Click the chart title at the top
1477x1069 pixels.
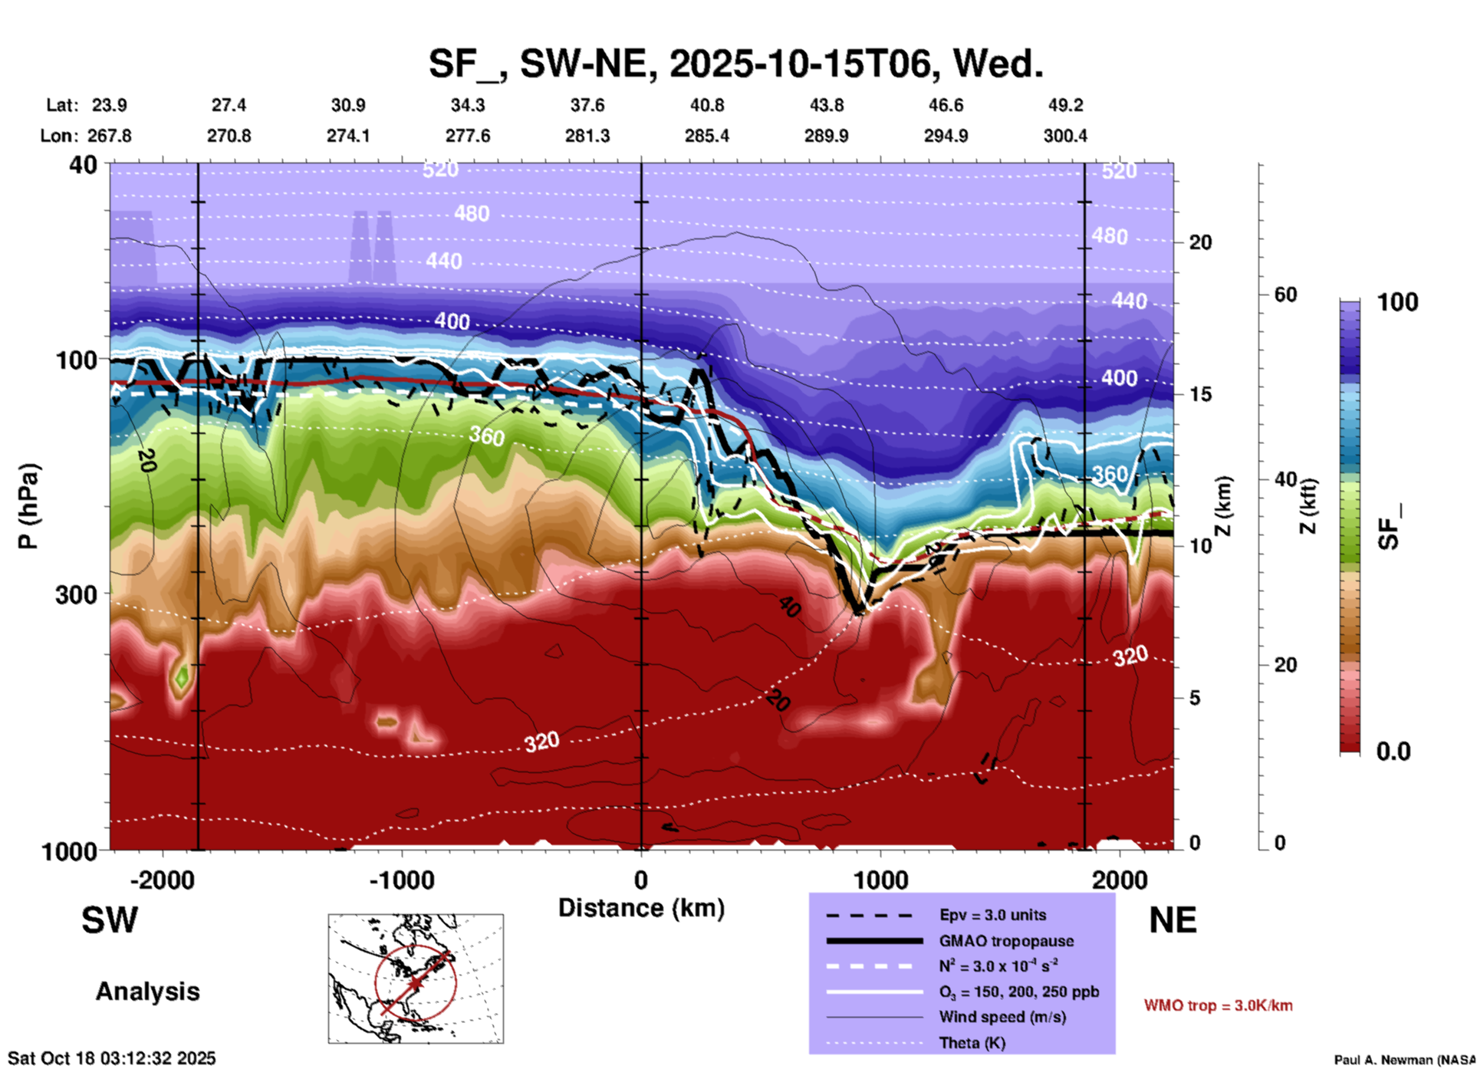[x=735, y=64]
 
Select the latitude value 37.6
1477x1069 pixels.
[x=587, y=105]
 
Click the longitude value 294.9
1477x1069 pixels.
[x=946, y=136]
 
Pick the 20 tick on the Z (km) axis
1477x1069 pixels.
[x=1200, y=243]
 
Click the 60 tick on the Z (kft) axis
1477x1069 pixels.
[x=1286, y=294]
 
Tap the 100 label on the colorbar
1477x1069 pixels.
[x=1397, y=302]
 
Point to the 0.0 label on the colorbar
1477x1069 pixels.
[x=1393, y=752]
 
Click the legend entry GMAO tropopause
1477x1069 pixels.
[x=1006, y=941]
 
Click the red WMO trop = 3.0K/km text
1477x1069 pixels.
[x=1218, y=1005]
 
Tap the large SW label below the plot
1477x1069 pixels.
[x=110, y=920]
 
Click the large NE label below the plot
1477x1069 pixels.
[x=1173, y=920]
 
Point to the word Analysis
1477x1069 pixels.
[x=147, y=992]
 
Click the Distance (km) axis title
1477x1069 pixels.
[x=641, y=908]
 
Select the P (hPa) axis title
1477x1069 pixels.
[x=28, y=506]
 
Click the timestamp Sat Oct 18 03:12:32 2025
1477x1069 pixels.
[x=112, y=1058]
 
